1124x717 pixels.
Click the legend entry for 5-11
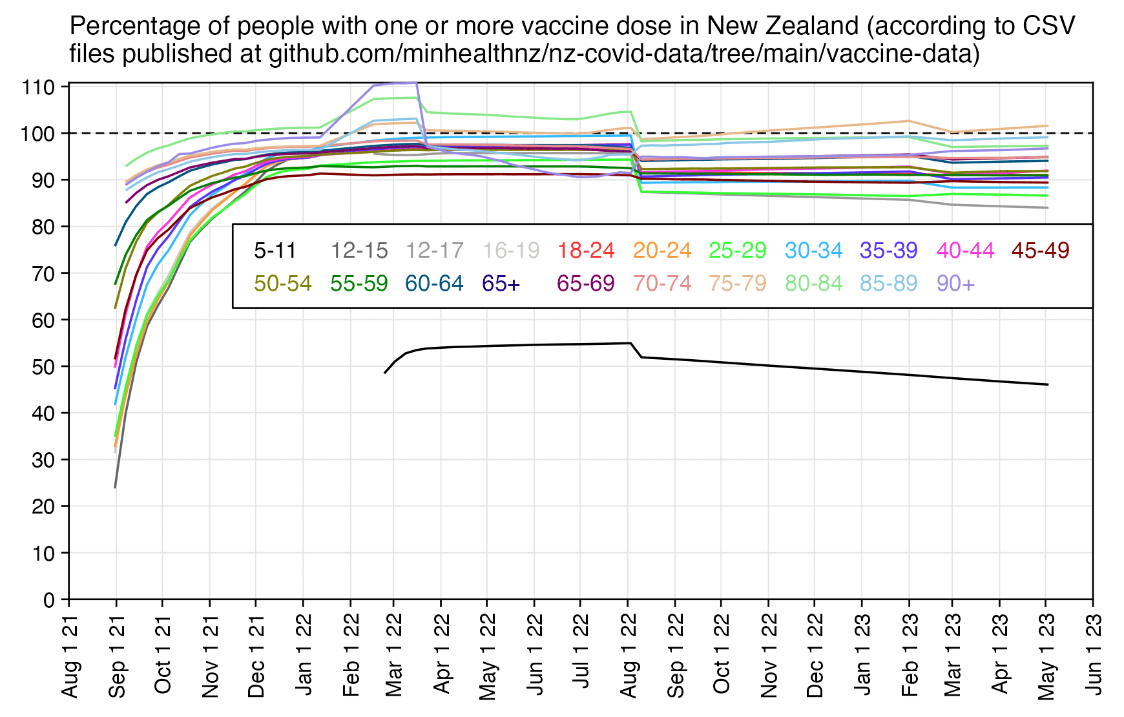pos(275,251)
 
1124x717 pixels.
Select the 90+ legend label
pos(955,284)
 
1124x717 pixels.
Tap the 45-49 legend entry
pos(1040,251)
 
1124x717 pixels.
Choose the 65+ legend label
pos(501,284)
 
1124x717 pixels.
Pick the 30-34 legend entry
pos(813,251)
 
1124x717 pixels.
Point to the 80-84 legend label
pos(813,284)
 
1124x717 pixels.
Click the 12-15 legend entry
pos(359,251)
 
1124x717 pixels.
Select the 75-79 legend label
pos(738,284)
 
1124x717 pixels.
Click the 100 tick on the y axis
pos(39,134)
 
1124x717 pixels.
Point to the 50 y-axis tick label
pos(43,367)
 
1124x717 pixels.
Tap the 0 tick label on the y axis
pos(48,600)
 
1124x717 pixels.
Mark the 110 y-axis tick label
pos(39,87)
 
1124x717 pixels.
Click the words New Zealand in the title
pos(782,26)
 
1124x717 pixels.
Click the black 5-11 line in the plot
pos(517,346)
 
